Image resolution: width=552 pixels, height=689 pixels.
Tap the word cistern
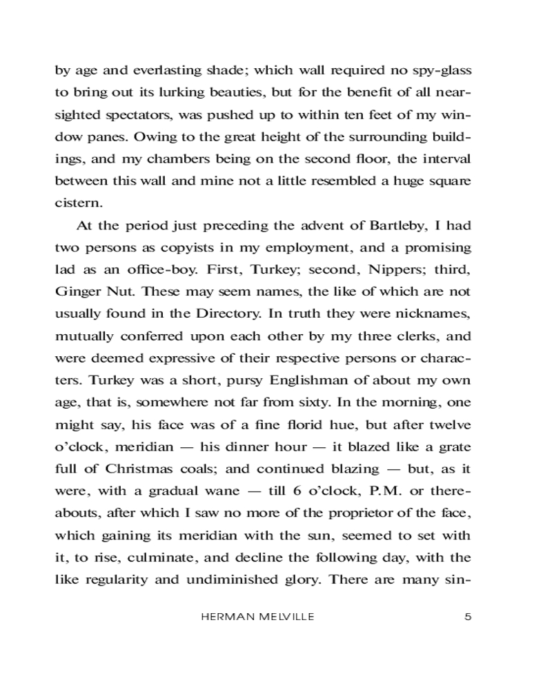(78, 203)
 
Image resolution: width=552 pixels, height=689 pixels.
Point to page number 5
(468, 617)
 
